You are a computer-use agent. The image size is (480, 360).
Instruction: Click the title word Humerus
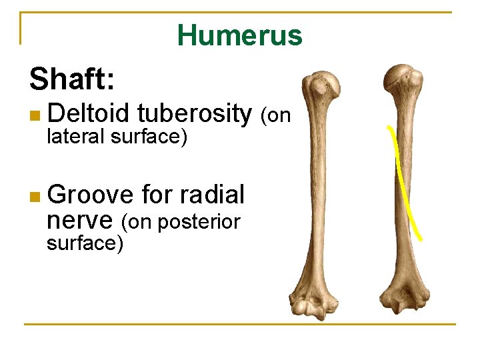[240, 35]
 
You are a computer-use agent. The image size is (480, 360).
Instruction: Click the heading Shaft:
[73, 80]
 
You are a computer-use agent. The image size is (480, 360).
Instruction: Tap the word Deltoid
[89, 114]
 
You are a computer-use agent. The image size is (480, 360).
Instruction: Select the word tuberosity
[194, 114]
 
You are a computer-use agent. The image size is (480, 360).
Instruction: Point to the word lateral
[75, 137]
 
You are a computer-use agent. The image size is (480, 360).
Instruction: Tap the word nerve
[81, 220]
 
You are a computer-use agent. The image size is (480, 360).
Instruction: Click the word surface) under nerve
[85, 243]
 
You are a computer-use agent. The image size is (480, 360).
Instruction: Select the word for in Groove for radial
[157, 195]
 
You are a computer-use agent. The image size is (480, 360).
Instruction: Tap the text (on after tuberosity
[275, 116]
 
